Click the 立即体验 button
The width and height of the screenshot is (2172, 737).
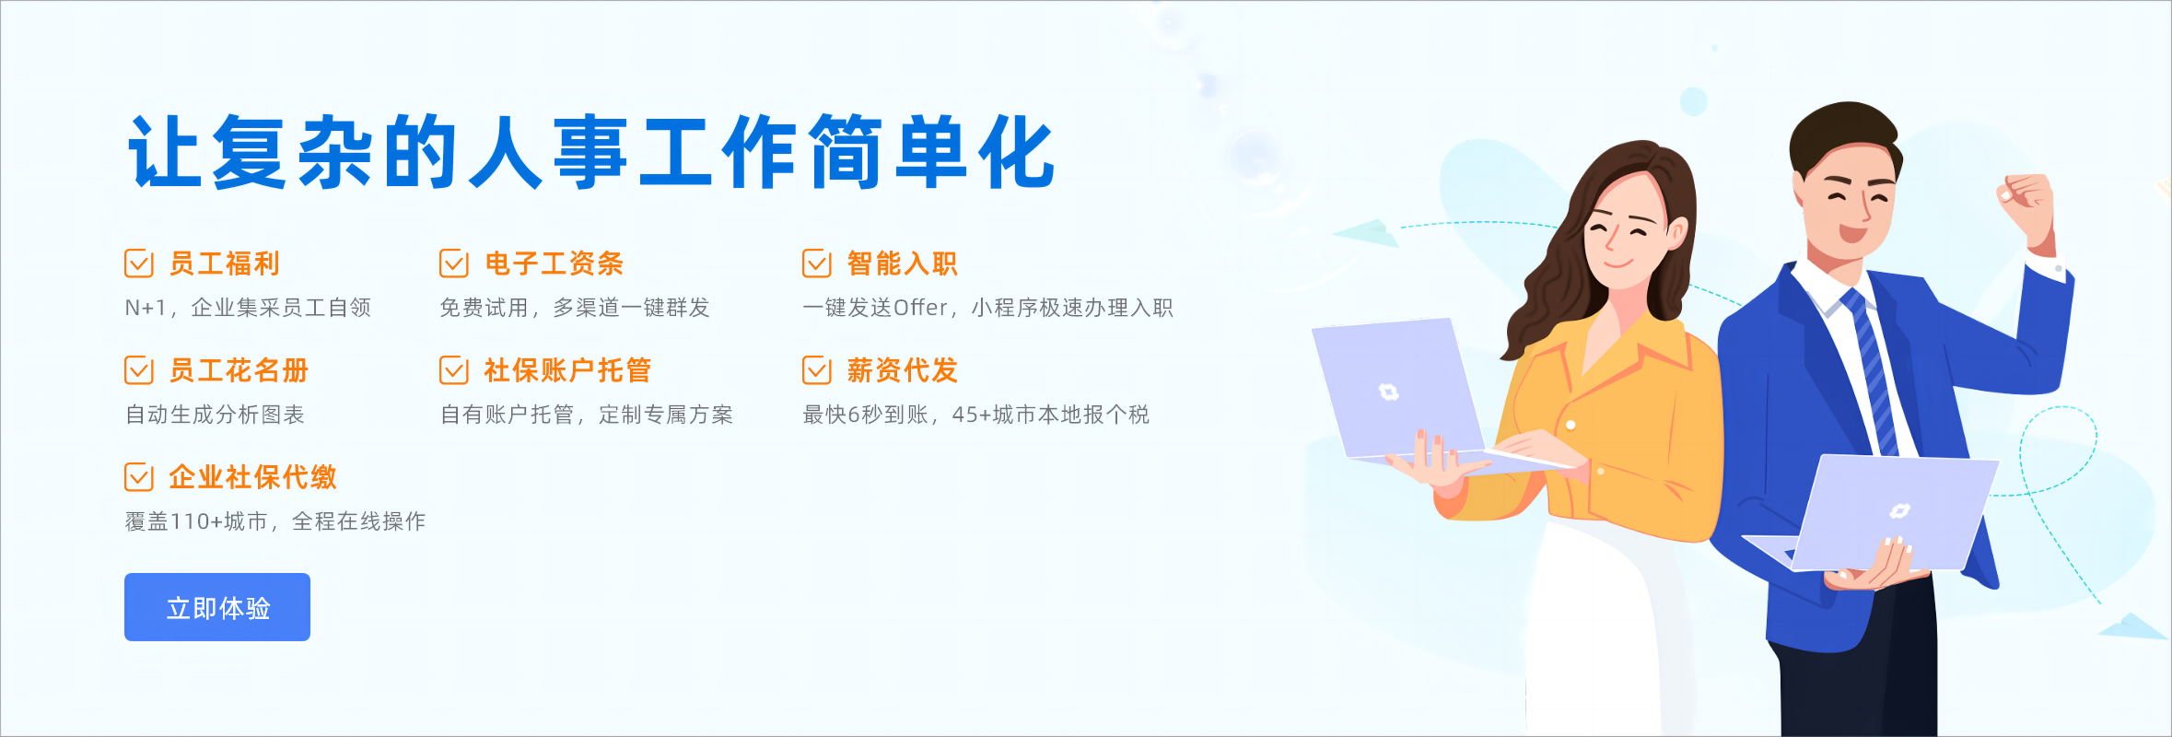click(217, 607)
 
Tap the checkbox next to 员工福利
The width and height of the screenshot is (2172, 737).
click(138, 263)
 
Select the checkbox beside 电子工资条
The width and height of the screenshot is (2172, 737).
click(453, 263)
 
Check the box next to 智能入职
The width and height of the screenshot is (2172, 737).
click(816, 263)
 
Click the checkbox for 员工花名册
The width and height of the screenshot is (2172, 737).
click(138, 370)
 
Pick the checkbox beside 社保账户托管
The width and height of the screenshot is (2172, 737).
click(453, 370)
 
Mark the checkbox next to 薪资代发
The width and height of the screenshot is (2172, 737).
click(816, 370)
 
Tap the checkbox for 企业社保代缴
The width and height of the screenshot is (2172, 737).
click(138, 477)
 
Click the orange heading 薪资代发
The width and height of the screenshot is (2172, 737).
click(903, 370)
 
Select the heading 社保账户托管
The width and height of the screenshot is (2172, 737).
click(567, 370)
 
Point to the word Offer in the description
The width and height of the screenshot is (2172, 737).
click(920, 308)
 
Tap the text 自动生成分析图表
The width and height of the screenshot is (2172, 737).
click(215, 415)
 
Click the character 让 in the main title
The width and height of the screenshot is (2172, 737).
click(165, 152)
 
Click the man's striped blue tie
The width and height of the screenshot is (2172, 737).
click(1870, 368)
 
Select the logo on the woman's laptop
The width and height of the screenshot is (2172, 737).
click(1388, 392)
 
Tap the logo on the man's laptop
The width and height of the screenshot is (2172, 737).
click(1899, 510)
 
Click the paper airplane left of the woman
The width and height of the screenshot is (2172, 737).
click(1365, 232)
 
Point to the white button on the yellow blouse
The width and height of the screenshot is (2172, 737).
click(1571, 425)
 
